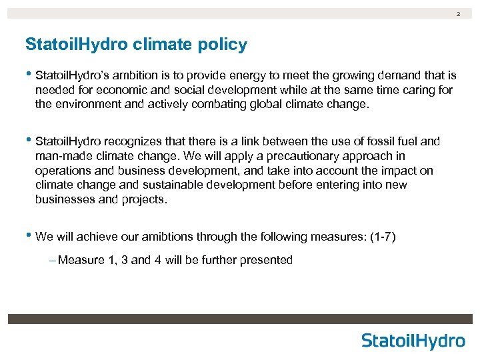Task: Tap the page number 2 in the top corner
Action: pos(458,13)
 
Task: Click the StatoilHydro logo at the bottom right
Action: pos(413,341)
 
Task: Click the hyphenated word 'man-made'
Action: pos(58,156)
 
